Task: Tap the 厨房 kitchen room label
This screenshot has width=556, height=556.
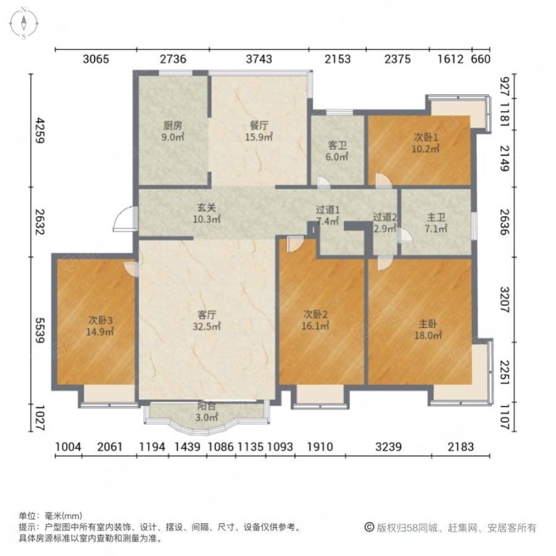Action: point(172,131)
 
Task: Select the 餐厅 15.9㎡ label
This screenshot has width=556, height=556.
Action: point(259,131)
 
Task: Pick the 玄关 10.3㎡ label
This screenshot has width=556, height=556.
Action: point(207,212)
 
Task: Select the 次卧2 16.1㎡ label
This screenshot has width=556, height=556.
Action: point(316,319)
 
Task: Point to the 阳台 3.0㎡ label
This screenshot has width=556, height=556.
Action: point(207,414)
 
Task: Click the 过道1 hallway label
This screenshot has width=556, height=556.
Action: point(327,216)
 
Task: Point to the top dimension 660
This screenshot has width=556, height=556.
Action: point(481,58)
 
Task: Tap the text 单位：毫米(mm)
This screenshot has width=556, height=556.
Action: point(51,516)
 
